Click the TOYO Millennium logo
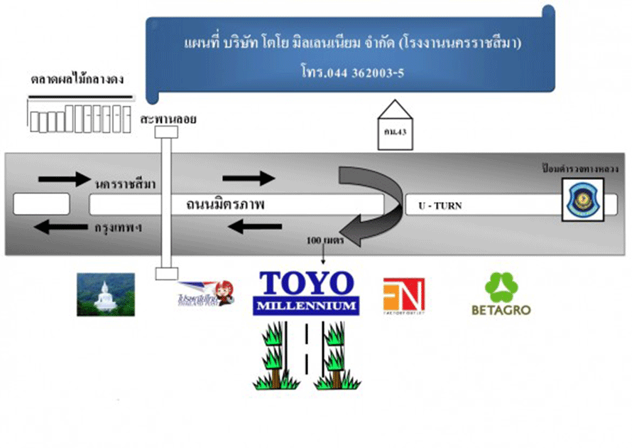pos(306,292)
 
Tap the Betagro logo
pos(501,294)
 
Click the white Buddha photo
pos(106,294)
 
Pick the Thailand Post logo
pos(205,292)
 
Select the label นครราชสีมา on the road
pos(125,183)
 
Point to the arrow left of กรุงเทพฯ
pos(60,228)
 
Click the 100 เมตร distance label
pos(325,241)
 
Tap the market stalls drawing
pos(80,117)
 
